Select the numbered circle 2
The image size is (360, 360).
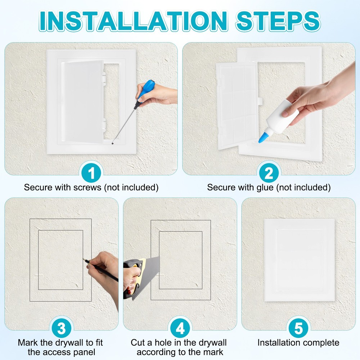click(269, 173)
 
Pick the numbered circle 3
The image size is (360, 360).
click(62, 328)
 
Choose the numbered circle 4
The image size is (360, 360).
click(180, 328)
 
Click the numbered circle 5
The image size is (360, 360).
click(298, 328)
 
